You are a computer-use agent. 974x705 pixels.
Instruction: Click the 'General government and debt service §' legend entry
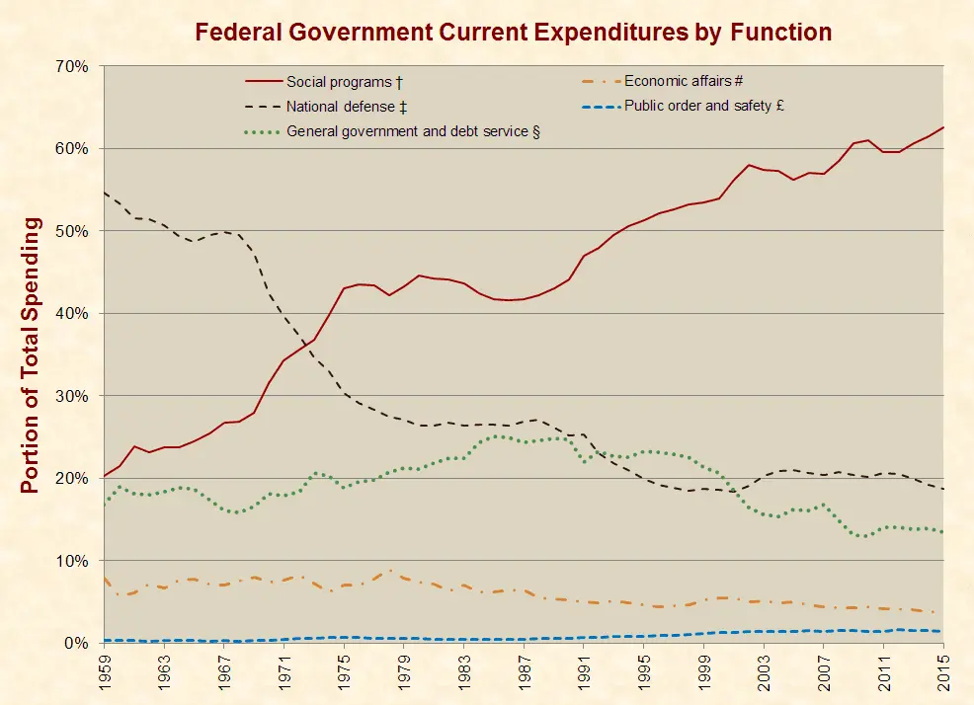[x=413, y=130]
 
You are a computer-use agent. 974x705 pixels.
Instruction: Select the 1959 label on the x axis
[x=105, y=673]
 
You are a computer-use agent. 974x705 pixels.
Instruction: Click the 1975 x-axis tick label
[x=345, y=673]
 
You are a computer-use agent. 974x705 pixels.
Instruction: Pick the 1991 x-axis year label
[x=585, y=673]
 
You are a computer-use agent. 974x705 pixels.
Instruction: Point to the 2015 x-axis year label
[x=944, y=673]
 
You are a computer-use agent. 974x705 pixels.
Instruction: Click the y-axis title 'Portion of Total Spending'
[x=31, y=355]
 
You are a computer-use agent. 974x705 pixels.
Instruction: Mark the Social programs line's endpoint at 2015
[x=943, y=127]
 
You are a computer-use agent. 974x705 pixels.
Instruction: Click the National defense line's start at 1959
[x=105, y=193]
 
